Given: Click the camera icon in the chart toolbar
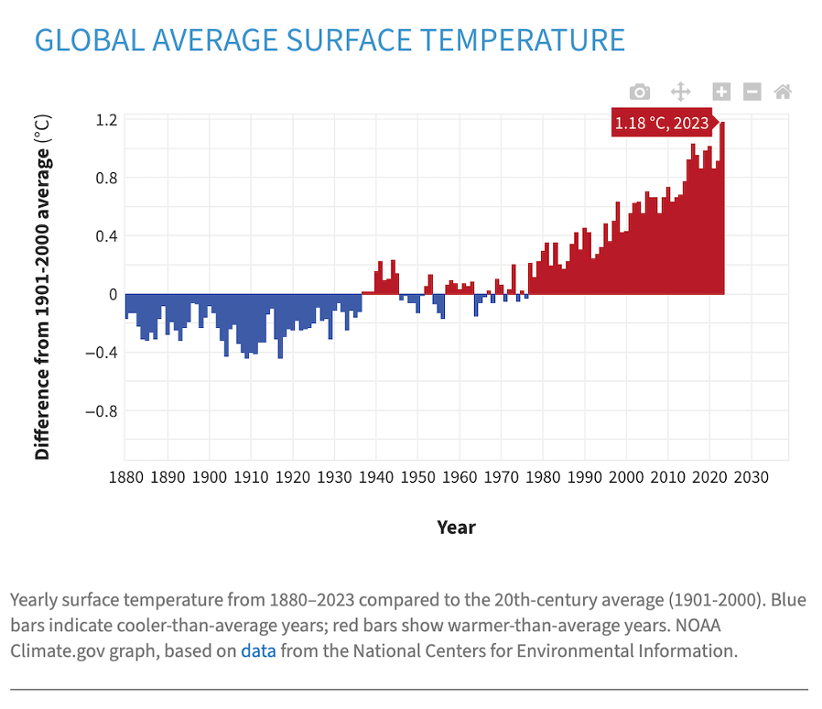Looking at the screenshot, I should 640,92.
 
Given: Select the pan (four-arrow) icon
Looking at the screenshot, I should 680,92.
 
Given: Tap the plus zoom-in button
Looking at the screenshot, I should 721,92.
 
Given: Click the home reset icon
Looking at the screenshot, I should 782,92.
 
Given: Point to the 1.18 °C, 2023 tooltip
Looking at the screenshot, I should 661,124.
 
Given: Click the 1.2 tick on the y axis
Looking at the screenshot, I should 106,119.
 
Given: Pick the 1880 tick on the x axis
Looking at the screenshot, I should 126,477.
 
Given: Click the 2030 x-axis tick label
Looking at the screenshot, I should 751,477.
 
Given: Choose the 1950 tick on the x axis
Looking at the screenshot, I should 417,477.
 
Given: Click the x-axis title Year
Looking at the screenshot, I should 456,527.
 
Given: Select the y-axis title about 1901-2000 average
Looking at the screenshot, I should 42,287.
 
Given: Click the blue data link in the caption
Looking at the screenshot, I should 257,651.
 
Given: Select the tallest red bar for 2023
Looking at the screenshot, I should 722,211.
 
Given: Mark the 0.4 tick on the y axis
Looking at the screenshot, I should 106,236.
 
